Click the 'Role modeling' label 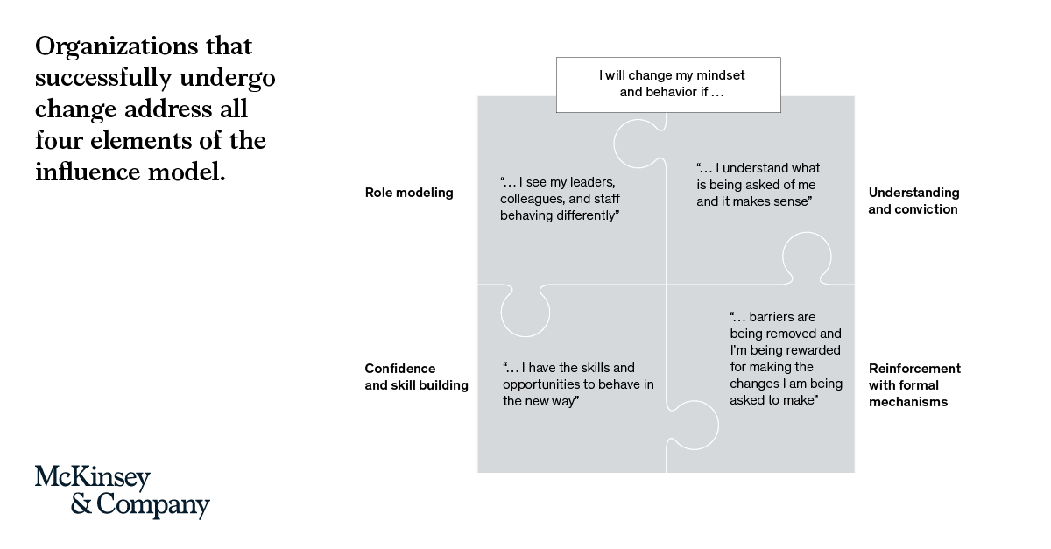click(409, 193)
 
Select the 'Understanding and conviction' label click(913, 201)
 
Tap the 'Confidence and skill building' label click(416, 377)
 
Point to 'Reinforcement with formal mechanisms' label click(914, 385)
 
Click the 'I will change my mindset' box click(668, 85)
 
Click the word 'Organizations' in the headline click(116, 47)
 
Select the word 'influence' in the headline click(88, 172)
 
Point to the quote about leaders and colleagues click(560, 199)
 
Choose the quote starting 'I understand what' click(758, 185)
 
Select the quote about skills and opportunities click(578, 384)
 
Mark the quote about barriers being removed click(786, 358)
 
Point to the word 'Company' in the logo click(153, 505)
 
